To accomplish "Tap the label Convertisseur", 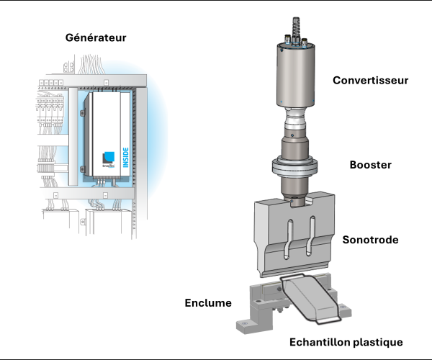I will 370,80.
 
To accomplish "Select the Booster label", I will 370,165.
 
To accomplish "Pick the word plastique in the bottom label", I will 376,341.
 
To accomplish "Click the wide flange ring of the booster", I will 297,168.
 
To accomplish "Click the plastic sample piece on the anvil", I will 310,297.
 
